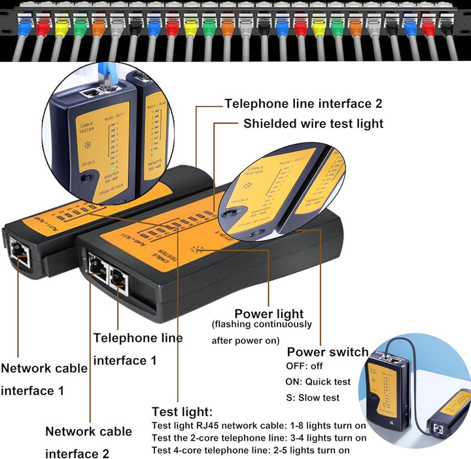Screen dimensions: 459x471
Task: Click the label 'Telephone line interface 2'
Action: point(303,103)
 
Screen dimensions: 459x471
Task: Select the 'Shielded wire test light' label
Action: point(313,124)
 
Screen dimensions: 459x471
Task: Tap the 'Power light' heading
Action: point(269,314)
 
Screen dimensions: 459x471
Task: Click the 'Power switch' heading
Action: point(327,352)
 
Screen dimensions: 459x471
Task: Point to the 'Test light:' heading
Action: point(182,412)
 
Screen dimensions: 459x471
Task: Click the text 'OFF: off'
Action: point(305,366)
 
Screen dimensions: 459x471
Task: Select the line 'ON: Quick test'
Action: point(319,382)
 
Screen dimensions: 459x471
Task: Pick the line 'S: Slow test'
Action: point(313,398)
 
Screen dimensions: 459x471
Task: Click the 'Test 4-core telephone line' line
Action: point(251,450)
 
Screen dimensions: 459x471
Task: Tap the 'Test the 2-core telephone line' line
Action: point(259,437)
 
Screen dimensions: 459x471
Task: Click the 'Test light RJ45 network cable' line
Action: point(258,426)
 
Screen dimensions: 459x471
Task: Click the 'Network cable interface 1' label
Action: point(44,379)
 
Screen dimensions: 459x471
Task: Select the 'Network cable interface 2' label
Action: point(88,442)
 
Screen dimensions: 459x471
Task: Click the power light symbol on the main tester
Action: point(195,250)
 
